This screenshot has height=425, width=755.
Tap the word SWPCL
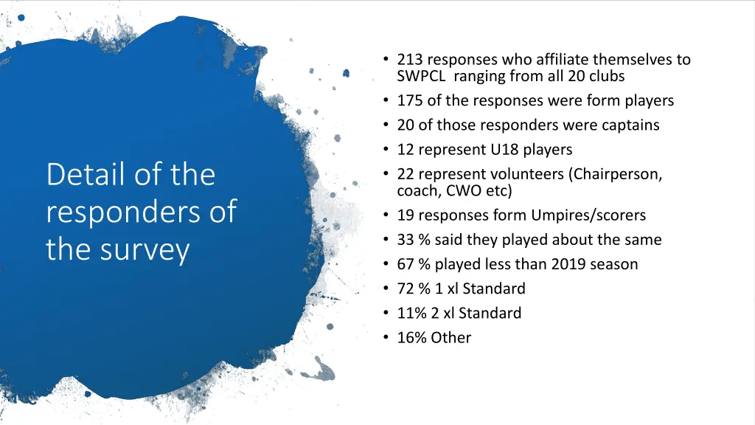click(419, 76)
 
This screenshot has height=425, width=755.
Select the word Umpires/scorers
click(588, 215)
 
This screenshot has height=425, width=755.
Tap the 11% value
click(409, 313)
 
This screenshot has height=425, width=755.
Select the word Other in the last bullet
click(451, 338)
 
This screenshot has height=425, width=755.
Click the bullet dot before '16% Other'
click(387, 338)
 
